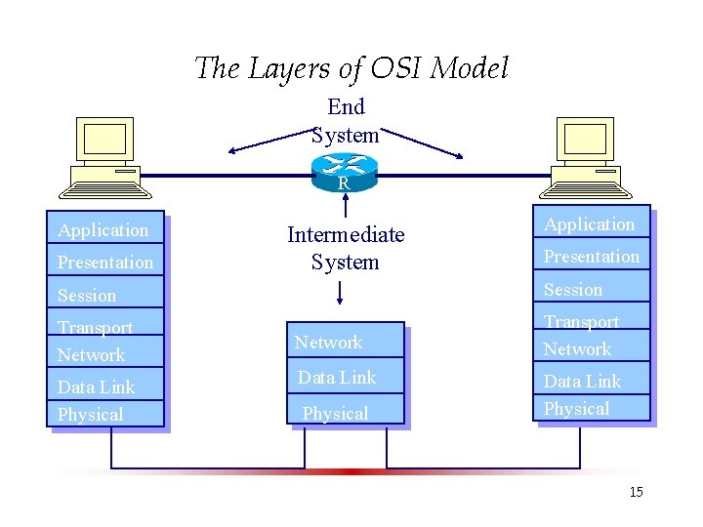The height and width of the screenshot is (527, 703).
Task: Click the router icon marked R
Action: pyautogui.click(x=345, y=173)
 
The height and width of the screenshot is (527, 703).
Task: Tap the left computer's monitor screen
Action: pyautogui.click(x=104, y=140)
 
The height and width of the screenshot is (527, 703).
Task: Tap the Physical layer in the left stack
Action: pyautogui.click(x=105, y=413)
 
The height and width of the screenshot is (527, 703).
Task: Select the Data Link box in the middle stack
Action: pyautogui.click(x=346, y=376)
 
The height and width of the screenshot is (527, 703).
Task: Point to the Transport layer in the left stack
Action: pyautogui.click(x=105, y=321)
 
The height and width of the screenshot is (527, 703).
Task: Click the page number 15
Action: pyautogui.click(x=637, y=492)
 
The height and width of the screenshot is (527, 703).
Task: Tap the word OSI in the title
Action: pyautogui.click(x=395, y=68)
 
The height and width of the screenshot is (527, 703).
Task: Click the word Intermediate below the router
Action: pyautogui.click(x=346, y=234)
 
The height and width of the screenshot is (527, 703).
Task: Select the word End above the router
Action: pyautogui.click(x=346, y=106)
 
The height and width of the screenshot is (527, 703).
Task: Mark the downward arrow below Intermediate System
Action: pyautogui.click(x=340, y=293)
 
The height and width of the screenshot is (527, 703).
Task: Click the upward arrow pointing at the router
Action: pyautogui.click(x=346, y=205)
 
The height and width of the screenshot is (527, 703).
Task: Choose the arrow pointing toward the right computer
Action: pyautogui.click(x=422, y=143)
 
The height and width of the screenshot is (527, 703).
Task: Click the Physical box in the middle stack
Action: pyautogui.click(x=346, y=409)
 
